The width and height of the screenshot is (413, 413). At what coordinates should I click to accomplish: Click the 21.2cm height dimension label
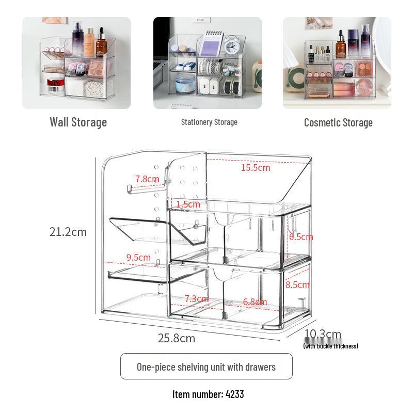(x=68, y=232)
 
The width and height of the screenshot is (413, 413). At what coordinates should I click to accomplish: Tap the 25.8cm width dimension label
(x=177, y=338)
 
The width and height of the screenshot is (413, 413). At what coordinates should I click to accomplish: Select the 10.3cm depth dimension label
(x=323, y=334)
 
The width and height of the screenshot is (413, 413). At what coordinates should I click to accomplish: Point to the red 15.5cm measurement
(x=256, y=167)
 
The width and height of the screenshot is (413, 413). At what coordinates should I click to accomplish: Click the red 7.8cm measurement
(x=147, y=179)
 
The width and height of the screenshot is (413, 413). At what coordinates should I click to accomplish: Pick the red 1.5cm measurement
(x=188, y=204)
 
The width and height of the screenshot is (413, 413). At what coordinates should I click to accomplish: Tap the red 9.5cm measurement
(x=138, y=257)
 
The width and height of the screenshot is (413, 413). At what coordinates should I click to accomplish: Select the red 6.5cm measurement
(x=301, y=236)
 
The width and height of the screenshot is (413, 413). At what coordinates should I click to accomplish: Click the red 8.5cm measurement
(x=297, y=284)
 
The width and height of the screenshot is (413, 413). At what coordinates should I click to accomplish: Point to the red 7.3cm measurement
(x=197, y=299)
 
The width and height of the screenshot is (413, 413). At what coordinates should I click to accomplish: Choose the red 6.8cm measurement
(x=255, y=301)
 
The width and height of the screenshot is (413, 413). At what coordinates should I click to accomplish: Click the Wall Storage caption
(x=78, y=122)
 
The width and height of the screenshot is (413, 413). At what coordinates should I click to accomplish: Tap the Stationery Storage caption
(x=209, y=122)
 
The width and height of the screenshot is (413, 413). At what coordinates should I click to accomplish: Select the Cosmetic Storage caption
(x=338, y=123)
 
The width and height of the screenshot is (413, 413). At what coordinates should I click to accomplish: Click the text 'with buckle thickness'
(x=330, y=346)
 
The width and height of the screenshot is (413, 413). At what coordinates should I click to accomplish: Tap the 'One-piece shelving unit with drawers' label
(x=206, y=367)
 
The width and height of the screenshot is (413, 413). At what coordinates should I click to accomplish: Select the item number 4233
(x=208, y=394)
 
